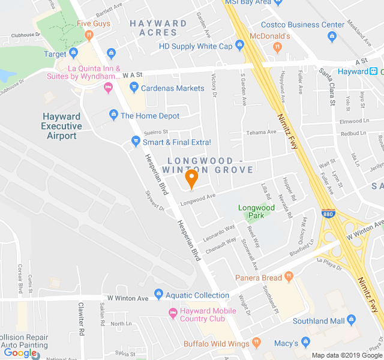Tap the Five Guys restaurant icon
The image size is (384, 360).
click(x=89, y=35)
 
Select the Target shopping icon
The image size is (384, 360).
click(x=74, y=54)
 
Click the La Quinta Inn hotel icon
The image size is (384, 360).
click(x=109, y=88)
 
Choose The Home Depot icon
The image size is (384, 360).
click(x=113, y=115)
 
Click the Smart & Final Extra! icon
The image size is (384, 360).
click(x=136, y=142)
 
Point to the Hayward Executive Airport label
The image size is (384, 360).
click(x=61, y=126)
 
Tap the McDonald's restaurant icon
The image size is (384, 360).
click(x=277, y=47)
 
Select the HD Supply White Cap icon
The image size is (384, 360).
click(x=239, y=46)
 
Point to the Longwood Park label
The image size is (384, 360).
click(x=256, y=211)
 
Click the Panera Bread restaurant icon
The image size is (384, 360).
click(x=289, y=277)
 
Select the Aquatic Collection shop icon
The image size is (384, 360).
click(x=158, y=294)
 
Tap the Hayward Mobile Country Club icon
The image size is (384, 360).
click(x=173, y=312)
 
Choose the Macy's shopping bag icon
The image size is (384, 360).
click(x=306, y=342)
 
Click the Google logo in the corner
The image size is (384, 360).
click(x=20, y=353)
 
